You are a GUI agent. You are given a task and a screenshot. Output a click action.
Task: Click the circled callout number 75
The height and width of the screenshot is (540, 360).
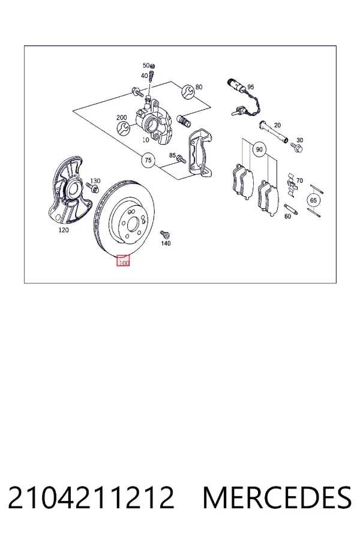148,160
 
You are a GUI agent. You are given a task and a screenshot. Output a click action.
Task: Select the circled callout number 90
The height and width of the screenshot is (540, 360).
259,149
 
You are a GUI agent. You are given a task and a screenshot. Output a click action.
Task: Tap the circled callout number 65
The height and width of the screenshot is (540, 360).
313,200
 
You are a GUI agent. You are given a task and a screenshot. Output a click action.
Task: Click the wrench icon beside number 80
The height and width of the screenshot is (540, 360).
188,91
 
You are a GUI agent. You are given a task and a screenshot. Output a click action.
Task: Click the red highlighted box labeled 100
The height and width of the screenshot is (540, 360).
123,261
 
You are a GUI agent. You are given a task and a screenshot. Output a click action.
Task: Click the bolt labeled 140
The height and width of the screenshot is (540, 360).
164,235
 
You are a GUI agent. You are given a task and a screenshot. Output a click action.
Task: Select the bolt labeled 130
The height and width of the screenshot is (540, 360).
92,187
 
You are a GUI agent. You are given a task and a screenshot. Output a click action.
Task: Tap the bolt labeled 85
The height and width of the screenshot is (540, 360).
181,159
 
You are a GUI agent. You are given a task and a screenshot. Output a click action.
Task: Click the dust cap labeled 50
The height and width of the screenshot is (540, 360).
153,66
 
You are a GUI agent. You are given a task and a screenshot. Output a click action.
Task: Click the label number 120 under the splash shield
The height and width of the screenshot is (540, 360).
64,230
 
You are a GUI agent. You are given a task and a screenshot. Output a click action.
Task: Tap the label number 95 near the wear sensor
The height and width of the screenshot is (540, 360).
250,87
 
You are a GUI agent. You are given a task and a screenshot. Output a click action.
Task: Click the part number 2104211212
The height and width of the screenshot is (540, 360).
91,497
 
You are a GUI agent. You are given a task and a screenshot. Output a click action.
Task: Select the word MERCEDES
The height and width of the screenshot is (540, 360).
278,497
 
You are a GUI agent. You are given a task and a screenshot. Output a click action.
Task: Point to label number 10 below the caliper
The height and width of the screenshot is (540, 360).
146,140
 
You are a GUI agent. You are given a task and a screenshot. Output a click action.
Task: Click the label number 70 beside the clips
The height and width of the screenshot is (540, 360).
299,181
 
